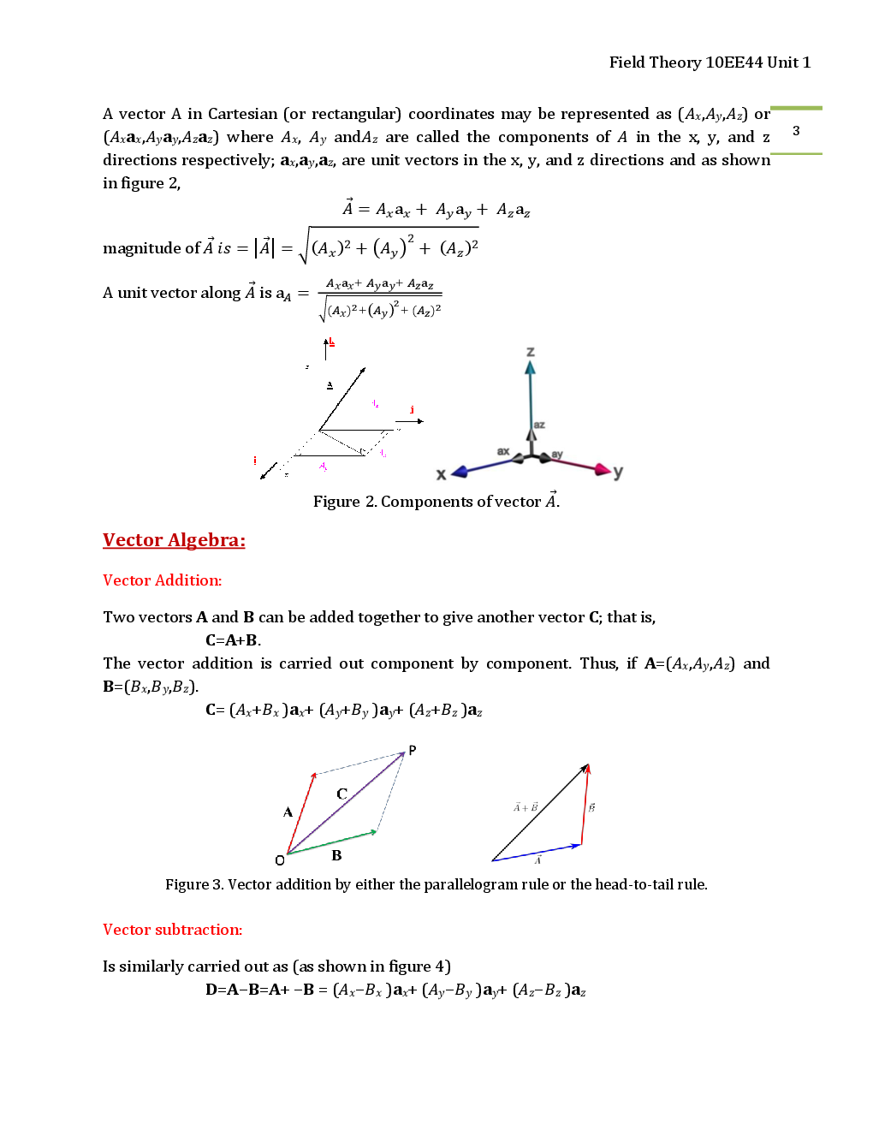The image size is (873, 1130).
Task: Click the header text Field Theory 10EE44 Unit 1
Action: tap(709, 62)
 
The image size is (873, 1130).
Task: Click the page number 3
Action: tap(796, 131)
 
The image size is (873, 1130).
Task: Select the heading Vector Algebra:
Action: tap(174, 540)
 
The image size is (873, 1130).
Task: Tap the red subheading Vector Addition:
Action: tap(162, 580)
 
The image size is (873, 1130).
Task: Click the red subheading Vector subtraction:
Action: tap(172, 930)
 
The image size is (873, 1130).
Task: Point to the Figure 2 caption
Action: tap(436, 501)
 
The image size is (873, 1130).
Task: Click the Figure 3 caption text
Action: tap(436, 884)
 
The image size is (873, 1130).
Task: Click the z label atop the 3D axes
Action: tap(531, 352)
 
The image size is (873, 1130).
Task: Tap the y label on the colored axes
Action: tap(618, 472)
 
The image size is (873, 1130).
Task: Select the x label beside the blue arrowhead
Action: tap(442, 474)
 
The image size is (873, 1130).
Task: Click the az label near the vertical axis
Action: tap(539, 425)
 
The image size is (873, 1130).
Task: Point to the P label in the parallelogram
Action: tap(413, 750)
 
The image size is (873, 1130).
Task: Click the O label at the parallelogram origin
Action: tap(280, 860)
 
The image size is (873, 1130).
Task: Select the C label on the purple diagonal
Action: tap(341, 794)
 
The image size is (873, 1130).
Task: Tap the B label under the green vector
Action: tap(336, 855)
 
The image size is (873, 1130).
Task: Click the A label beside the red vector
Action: tap(288, 812)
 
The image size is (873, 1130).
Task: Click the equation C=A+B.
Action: tap(233, 640)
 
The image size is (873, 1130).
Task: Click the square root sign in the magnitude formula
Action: tap(303, 247)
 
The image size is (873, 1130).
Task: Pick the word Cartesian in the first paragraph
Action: tap(242, 114)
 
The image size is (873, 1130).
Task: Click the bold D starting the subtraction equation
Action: tap(211, 990)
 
